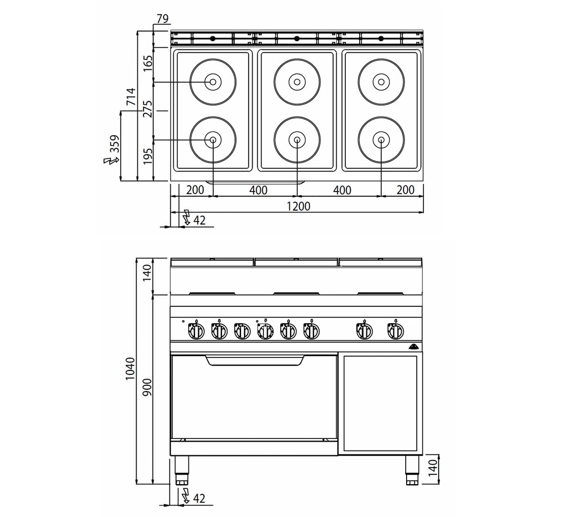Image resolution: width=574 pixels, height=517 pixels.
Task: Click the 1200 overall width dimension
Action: click(298, 206)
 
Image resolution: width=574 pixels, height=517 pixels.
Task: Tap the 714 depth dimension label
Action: click(131, 97)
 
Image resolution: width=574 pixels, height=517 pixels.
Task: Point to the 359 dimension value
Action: click(114, 144)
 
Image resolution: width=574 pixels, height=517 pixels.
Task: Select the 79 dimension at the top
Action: click(162, 19)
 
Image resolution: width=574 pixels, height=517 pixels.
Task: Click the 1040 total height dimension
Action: click(130, 369)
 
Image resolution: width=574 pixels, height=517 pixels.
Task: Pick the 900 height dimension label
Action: click(147, 387)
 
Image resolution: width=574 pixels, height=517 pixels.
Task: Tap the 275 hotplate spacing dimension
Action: click(148, 109)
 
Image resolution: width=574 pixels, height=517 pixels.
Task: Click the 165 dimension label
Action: click(148, 64)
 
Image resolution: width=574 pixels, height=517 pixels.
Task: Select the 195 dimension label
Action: click(148, 157)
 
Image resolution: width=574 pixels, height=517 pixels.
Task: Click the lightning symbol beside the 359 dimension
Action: click(110, 160)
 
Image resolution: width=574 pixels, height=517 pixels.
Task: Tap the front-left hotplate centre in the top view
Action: click(213, 140)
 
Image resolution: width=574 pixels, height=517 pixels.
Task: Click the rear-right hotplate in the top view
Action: click(381, 82)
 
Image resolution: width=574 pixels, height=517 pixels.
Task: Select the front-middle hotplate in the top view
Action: click(297, 140)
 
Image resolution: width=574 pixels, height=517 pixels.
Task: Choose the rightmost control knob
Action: click(396, 330)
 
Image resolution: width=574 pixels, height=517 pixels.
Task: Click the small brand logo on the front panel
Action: click(414, 347)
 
